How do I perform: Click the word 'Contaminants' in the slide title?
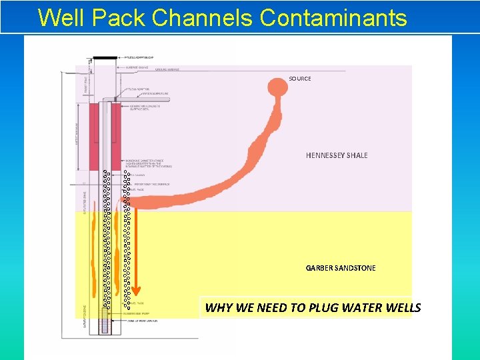click(333, 17)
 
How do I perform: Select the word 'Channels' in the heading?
click(202, 17)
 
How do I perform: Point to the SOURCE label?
click(300, 79)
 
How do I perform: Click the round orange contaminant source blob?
click(278, 87)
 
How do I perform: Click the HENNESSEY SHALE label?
click(337, 155)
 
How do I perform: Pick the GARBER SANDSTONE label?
click(341, 268)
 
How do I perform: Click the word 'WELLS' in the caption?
click(402, 307)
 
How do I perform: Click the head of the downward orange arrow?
click(135, 291)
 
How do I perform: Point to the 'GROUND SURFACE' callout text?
click(167, 69)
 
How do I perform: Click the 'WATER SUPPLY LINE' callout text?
click(154, 93)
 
